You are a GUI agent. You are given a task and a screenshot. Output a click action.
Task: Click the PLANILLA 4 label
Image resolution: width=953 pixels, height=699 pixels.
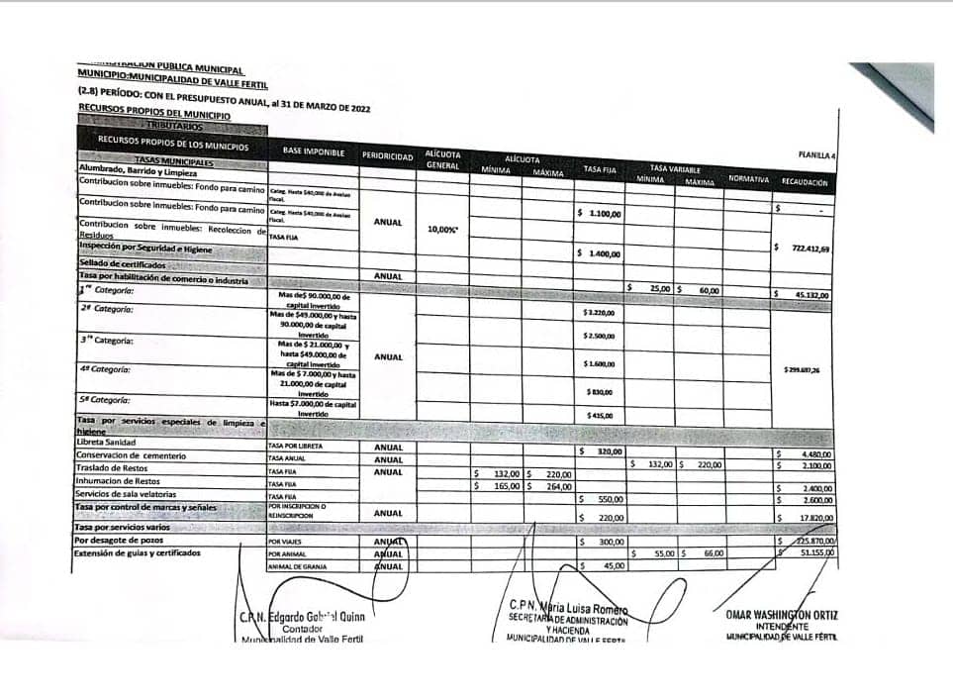click(816, 155)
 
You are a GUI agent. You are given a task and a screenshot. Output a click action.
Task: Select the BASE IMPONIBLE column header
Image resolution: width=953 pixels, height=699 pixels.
click(313, 150)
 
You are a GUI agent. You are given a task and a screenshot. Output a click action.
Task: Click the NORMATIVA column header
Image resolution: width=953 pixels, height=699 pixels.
click(749, 178)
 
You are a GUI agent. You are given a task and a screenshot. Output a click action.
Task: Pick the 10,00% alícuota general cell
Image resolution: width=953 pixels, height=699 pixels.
click(442, 230)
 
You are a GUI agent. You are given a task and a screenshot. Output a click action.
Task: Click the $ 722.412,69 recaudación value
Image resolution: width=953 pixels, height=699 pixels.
click(804, 249)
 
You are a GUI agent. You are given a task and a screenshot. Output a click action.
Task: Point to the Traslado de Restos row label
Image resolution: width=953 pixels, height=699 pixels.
click(113, 467)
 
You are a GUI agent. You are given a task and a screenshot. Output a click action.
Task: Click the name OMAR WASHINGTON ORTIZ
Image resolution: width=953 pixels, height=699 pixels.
click(781, 615)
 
